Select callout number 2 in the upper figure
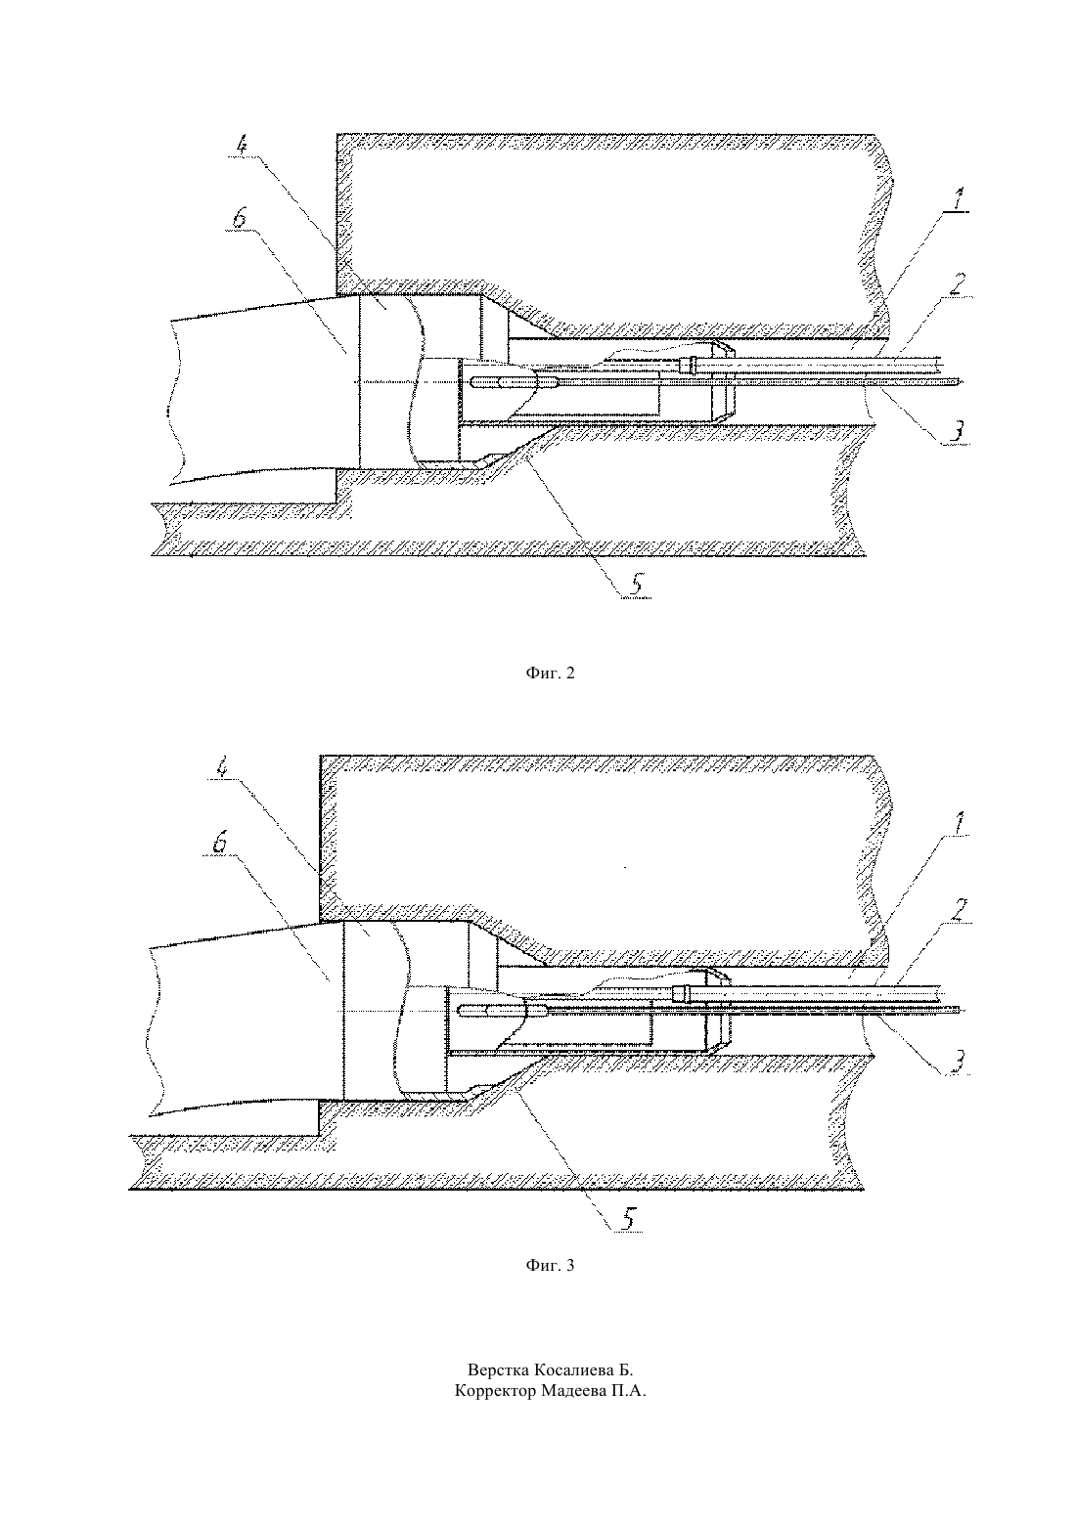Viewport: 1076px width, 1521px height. [x=957, y=283]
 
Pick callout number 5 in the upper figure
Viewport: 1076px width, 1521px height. [x=635, y=585]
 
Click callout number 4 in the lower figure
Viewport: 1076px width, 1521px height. [x=222, y=768]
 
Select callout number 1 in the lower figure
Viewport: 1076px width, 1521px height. [x=957, y=824]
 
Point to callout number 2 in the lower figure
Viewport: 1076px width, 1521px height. [x=957, y=911]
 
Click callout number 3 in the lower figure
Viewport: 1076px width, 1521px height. [x=957, y=1062]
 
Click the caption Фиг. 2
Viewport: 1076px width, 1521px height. [x=550, y=673]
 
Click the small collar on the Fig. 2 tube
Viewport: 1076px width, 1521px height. [x=691, y=366]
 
